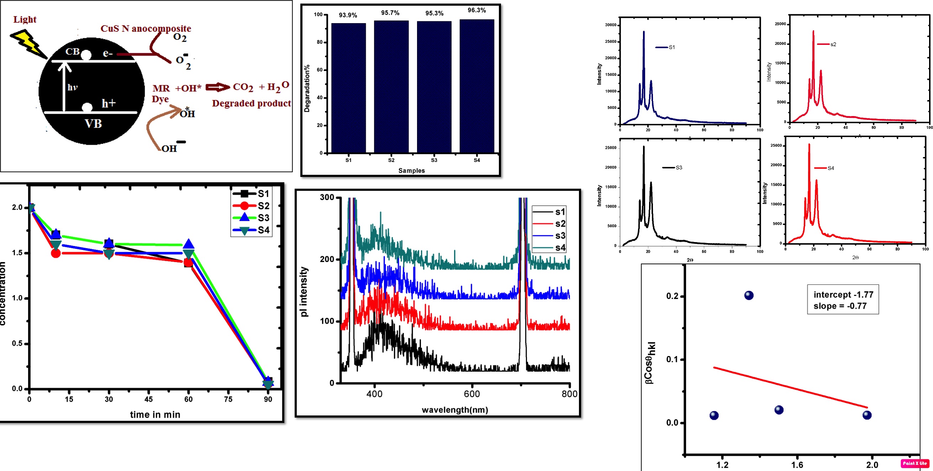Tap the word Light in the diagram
(25, 19)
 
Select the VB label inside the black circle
(93, 124)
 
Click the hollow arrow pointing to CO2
(217, 87)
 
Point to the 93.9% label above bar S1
(348, 15)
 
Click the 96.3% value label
(477, 10)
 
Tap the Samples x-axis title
(411, 171)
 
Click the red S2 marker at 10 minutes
(56, 253)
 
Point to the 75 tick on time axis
(228, 399)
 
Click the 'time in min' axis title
(155, 414)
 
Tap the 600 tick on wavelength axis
(472, 394)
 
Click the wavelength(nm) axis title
(455, 410)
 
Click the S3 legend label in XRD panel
(679, 168)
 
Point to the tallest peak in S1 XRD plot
(644, 32)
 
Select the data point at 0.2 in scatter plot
(749, 295)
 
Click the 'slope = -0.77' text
(840, 306)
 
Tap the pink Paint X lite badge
(915, 464)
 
